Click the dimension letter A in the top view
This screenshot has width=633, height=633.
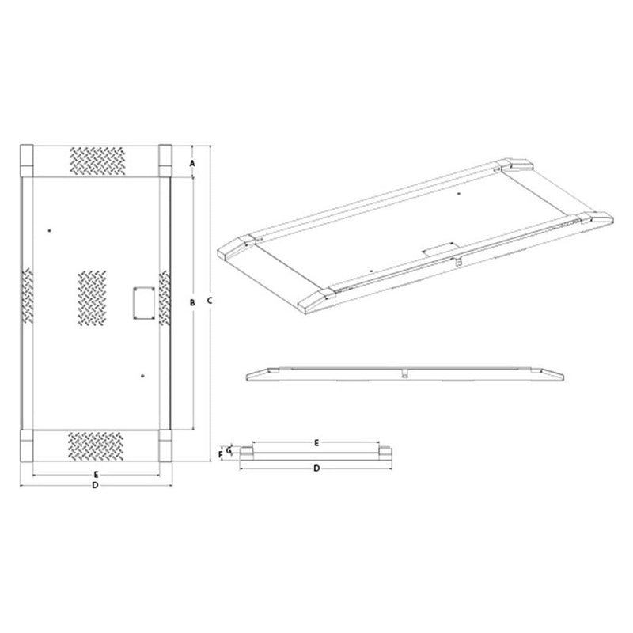(x=192, y=163)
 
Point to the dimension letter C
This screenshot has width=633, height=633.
(x=209, y=301)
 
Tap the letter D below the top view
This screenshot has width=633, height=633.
(x=95, y=484)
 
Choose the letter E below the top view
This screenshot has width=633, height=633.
(x=95, y=474)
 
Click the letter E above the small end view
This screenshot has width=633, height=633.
(x=316, y=441)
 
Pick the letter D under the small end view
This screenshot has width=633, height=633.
(x=316, y=468)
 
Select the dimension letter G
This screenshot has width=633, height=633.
(x=229, y=449)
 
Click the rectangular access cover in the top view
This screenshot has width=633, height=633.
(x=142, y=303)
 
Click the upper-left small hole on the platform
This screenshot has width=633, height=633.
(x=49, y=230)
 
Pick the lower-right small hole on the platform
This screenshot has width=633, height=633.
(x=142, y=375)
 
